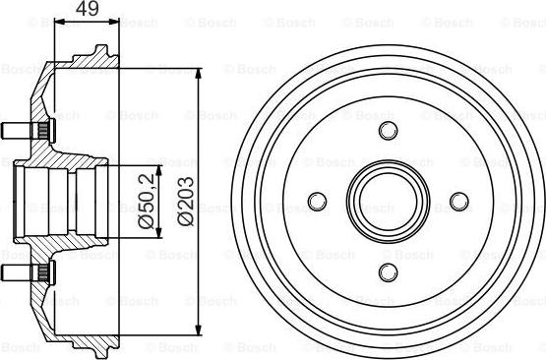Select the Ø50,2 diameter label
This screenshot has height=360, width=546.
tap(146, 201)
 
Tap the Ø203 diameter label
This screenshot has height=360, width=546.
tap(186, 201)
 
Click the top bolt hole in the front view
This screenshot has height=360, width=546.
tap(387, 131)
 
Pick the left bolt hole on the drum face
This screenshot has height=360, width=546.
tap(317, 201)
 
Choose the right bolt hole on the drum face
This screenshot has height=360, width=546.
tap(457, 201)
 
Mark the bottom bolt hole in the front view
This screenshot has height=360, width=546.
tap(387, 270)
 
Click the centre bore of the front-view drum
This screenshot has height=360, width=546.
tap(387, 201)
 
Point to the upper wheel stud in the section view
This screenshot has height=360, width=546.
tap(18, 130)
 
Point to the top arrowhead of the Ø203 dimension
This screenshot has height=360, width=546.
tap(201, 72)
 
